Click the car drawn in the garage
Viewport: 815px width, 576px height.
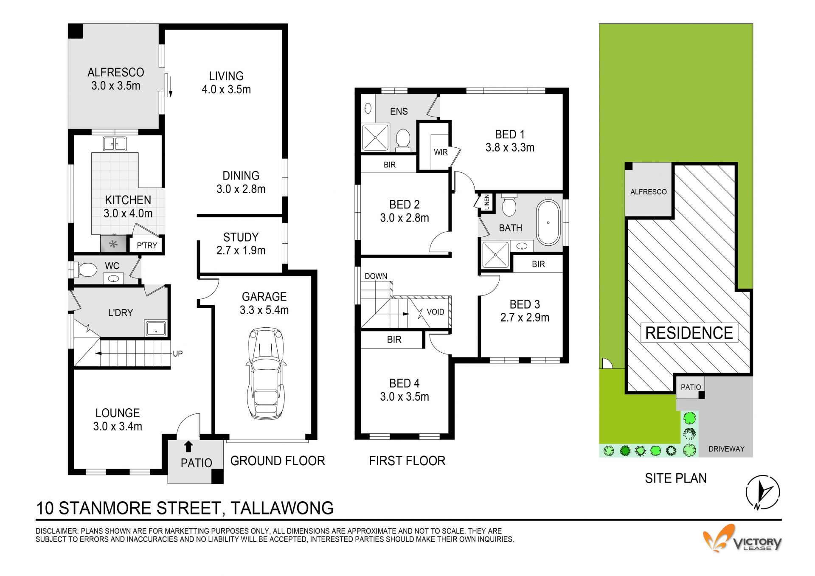(x=265, y=374)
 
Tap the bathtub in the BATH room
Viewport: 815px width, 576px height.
(x=548, y=222)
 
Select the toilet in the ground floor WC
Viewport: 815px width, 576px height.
(x=86, y=270)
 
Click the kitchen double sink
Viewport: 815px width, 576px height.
(x=115, y=143)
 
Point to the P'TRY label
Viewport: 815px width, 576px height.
(x=147, y=245)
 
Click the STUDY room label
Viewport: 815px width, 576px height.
(x=241, y=237)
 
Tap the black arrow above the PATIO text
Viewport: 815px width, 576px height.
(x=188, y=447)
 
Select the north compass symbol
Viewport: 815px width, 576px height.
(x=763, y=492)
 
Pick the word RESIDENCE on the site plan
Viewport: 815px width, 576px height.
(x=689, y=333)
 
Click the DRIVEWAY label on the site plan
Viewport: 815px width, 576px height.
(x=726, y=449)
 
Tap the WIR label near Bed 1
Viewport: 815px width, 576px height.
(x=441, y=152)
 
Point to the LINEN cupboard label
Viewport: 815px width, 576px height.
(x=487, y=202)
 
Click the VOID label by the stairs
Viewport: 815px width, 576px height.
(x=436, y=312)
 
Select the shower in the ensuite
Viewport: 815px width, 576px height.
(x=375, y=138)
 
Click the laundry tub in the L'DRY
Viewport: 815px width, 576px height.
(x=156, y=329)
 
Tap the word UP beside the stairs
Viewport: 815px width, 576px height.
(x=177, y=354)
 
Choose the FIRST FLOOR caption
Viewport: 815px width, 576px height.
(x=407, y=461)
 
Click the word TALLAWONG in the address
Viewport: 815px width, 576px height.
(x=282, y=508)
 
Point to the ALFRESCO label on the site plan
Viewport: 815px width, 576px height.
(x=648, y=192)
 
